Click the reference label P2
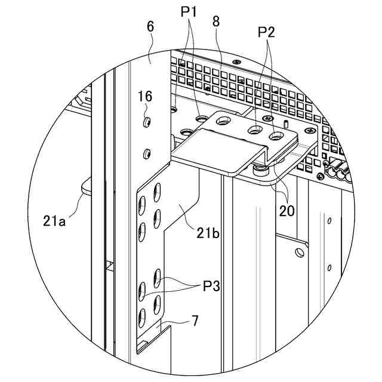tap(267, 32)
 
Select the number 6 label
tap(150, 26)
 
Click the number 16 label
tap(144, 96)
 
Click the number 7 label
tap(195, 320)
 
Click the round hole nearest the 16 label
tap(146, 122)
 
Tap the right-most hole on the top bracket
tap(276, 137)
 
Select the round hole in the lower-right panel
tap(300, 252)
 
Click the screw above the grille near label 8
tap(238, 61)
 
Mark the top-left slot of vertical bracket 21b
tap(158, 192)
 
